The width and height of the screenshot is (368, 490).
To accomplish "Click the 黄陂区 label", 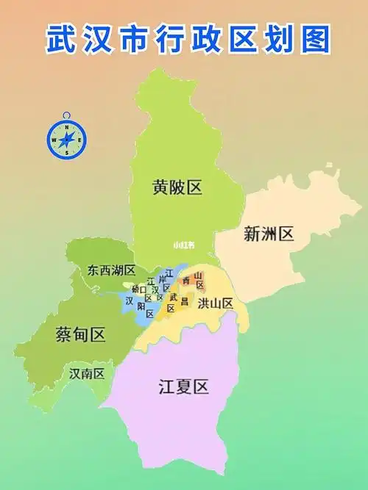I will pos(177,188).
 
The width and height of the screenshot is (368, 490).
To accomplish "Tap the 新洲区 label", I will pos(269,234).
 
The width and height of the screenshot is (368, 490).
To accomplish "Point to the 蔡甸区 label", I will pos(80,335).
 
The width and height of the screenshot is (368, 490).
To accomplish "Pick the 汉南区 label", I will pos(87,373).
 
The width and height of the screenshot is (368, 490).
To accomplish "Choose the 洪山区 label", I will pos(216,303).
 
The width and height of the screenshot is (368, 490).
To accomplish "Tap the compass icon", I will pos(67,137).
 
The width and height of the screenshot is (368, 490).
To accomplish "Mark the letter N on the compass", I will pos(67,128).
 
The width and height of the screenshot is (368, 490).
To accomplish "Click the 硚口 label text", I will pos(138,289).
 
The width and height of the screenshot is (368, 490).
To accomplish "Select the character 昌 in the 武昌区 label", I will pos(184,301).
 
